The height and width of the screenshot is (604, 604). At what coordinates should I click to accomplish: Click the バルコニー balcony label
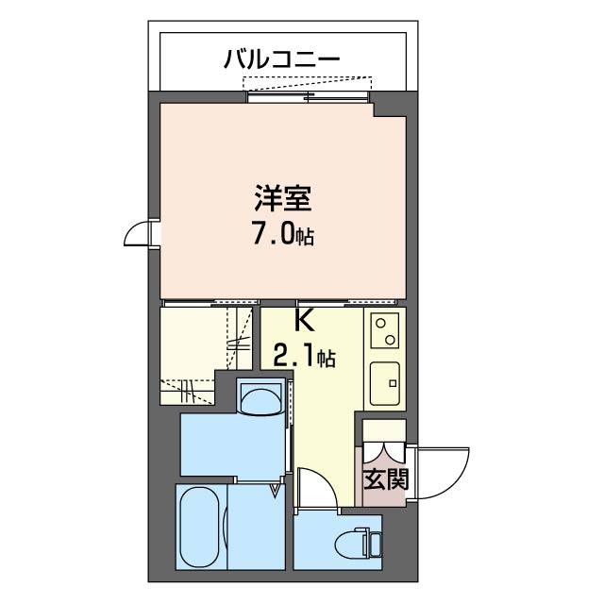tap(282, 59)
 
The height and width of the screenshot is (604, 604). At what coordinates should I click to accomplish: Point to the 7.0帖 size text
tap(282, 233)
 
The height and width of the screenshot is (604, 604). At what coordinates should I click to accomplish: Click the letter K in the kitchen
tap(304, 321)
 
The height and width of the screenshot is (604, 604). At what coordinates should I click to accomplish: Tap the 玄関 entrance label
tap(385, 479)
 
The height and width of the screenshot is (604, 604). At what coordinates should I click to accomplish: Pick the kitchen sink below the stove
tap(385, 383)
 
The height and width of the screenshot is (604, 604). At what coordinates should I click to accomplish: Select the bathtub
tap(200, 528)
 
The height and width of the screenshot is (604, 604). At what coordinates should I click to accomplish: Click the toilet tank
tap(376, 545)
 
